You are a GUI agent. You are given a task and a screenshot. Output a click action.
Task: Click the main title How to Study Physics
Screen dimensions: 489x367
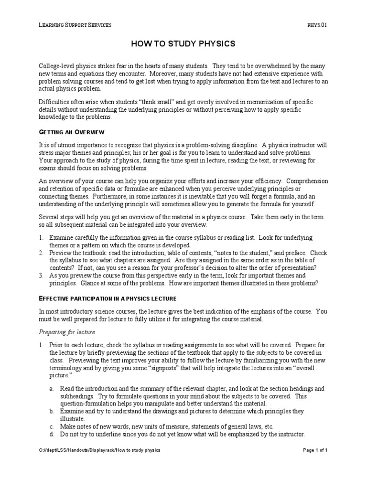pos(183,44)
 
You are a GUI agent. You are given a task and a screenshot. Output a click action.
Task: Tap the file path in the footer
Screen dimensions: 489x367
pos(99,450)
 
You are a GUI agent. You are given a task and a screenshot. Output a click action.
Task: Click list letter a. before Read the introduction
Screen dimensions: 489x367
pos(51,389)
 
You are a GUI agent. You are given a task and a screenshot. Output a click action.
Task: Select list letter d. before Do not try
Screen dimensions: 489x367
pos(51,435)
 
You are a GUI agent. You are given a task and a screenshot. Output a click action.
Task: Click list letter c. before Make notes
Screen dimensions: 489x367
pos(51,426)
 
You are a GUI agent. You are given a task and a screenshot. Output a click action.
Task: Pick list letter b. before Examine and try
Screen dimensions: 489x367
pos(51,411)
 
